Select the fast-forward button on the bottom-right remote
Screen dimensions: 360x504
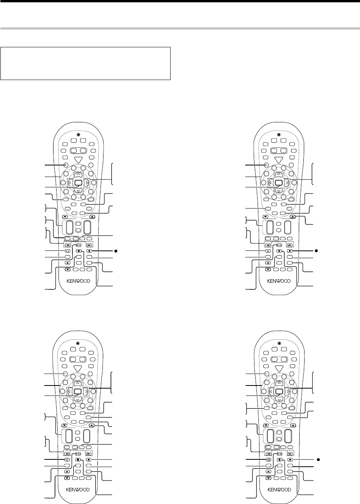click(291, 453)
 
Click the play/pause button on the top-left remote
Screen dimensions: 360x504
click(78, 244)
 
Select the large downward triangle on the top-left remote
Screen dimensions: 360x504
click(78, 160)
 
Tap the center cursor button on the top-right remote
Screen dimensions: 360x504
click(278, 183)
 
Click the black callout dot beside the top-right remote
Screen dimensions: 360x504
click(315, 250)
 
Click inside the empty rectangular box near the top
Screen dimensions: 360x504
click(85, 63)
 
